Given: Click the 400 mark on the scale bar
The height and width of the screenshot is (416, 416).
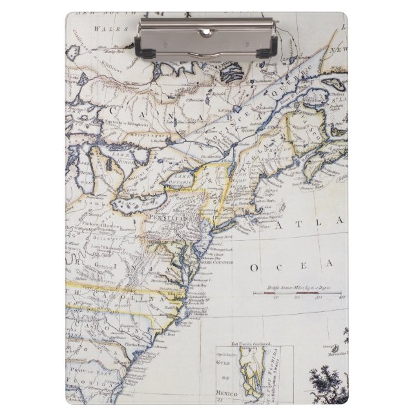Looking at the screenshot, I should [x=342, y=297].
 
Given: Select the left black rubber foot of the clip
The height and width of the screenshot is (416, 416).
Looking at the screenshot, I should [x=145, y=52].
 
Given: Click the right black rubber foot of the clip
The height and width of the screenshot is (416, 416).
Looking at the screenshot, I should [x=271, y=52].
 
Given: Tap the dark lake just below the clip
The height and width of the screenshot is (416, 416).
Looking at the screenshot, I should [x=231, y=72].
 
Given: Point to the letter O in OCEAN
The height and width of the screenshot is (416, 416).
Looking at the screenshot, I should [x=256, y=267].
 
